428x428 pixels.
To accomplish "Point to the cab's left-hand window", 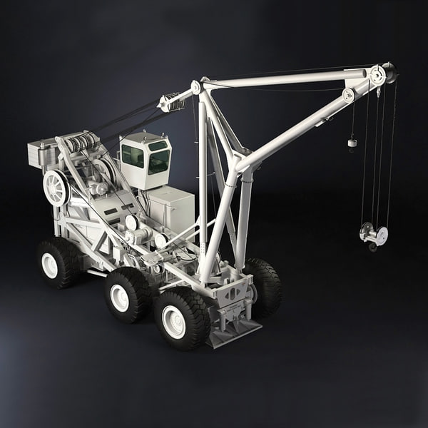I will tap(133, 156).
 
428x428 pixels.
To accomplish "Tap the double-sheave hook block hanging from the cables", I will tap(374, 235).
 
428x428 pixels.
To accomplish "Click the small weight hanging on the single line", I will tap(352, 143).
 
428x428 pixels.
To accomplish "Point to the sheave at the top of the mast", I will tap(195, 87).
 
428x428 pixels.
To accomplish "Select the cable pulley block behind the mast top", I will tap(172, 103).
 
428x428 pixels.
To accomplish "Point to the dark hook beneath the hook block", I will tap(372, 247).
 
